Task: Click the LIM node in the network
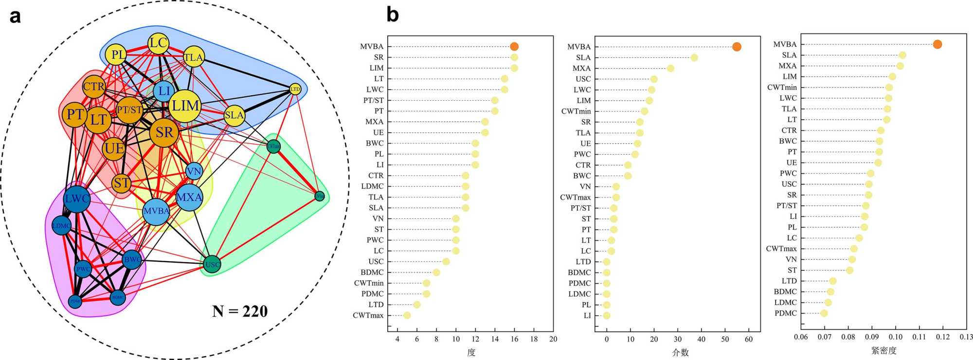coord(185,106)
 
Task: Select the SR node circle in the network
coord(164,132)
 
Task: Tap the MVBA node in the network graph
coord(156,211)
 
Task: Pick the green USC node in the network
coord(212,265)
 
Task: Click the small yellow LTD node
coord(295,89)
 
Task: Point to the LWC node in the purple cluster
coord(77,198)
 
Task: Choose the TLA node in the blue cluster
coord(193,57)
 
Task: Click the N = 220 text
coord(240,311)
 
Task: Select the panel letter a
coord(15,16)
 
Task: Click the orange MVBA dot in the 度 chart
coord(514,47)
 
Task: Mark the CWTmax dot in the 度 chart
coord(407,315)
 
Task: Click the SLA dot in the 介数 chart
coord(694,58)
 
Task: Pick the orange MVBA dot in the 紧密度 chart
coord(937,44)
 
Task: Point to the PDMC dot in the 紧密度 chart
coord(824,313)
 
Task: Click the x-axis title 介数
coord(680,352)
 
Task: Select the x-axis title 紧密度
coord(883,350)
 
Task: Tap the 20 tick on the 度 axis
coord(553,339)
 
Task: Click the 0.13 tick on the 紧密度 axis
coord(966,337)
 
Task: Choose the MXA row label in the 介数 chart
coord(581,69)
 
